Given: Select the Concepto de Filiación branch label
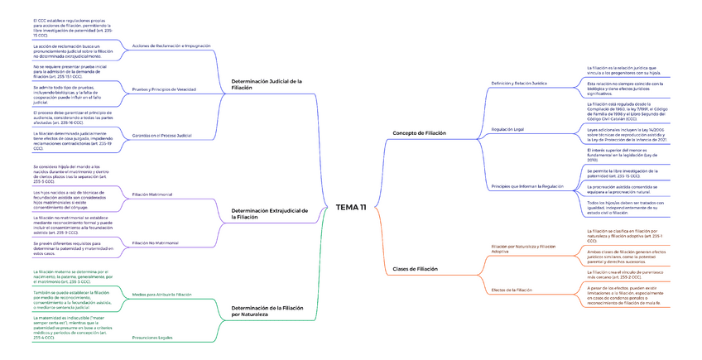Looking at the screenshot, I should [419, 132].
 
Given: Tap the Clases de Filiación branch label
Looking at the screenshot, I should [415, 269].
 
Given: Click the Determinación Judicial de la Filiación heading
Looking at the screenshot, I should [267, 84].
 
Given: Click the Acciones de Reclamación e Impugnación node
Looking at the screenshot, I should [171, 46].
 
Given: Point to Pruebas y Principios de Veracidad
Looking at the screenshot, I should [164, 89].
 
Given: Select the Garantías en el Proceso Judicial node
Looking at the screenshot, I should [161, 135].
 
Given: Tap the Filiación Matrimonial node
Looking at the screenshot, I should [152, 194].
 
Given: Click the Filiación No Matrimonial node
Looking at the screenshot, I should [156, 242].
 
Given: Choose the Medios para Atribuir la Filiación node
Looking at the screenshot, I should [161, 294].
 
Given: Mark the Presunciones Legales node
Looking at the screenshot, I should [152, 338].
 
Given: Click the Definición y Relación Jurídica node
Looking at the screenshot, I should [519, 84].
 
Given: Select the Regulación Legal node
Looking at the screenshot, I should [507, 130].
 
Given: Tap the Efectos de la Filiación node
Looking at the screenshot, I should [512, 290].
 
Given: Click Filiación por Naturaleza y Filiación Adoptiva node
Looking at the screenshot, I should [524, 248].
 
